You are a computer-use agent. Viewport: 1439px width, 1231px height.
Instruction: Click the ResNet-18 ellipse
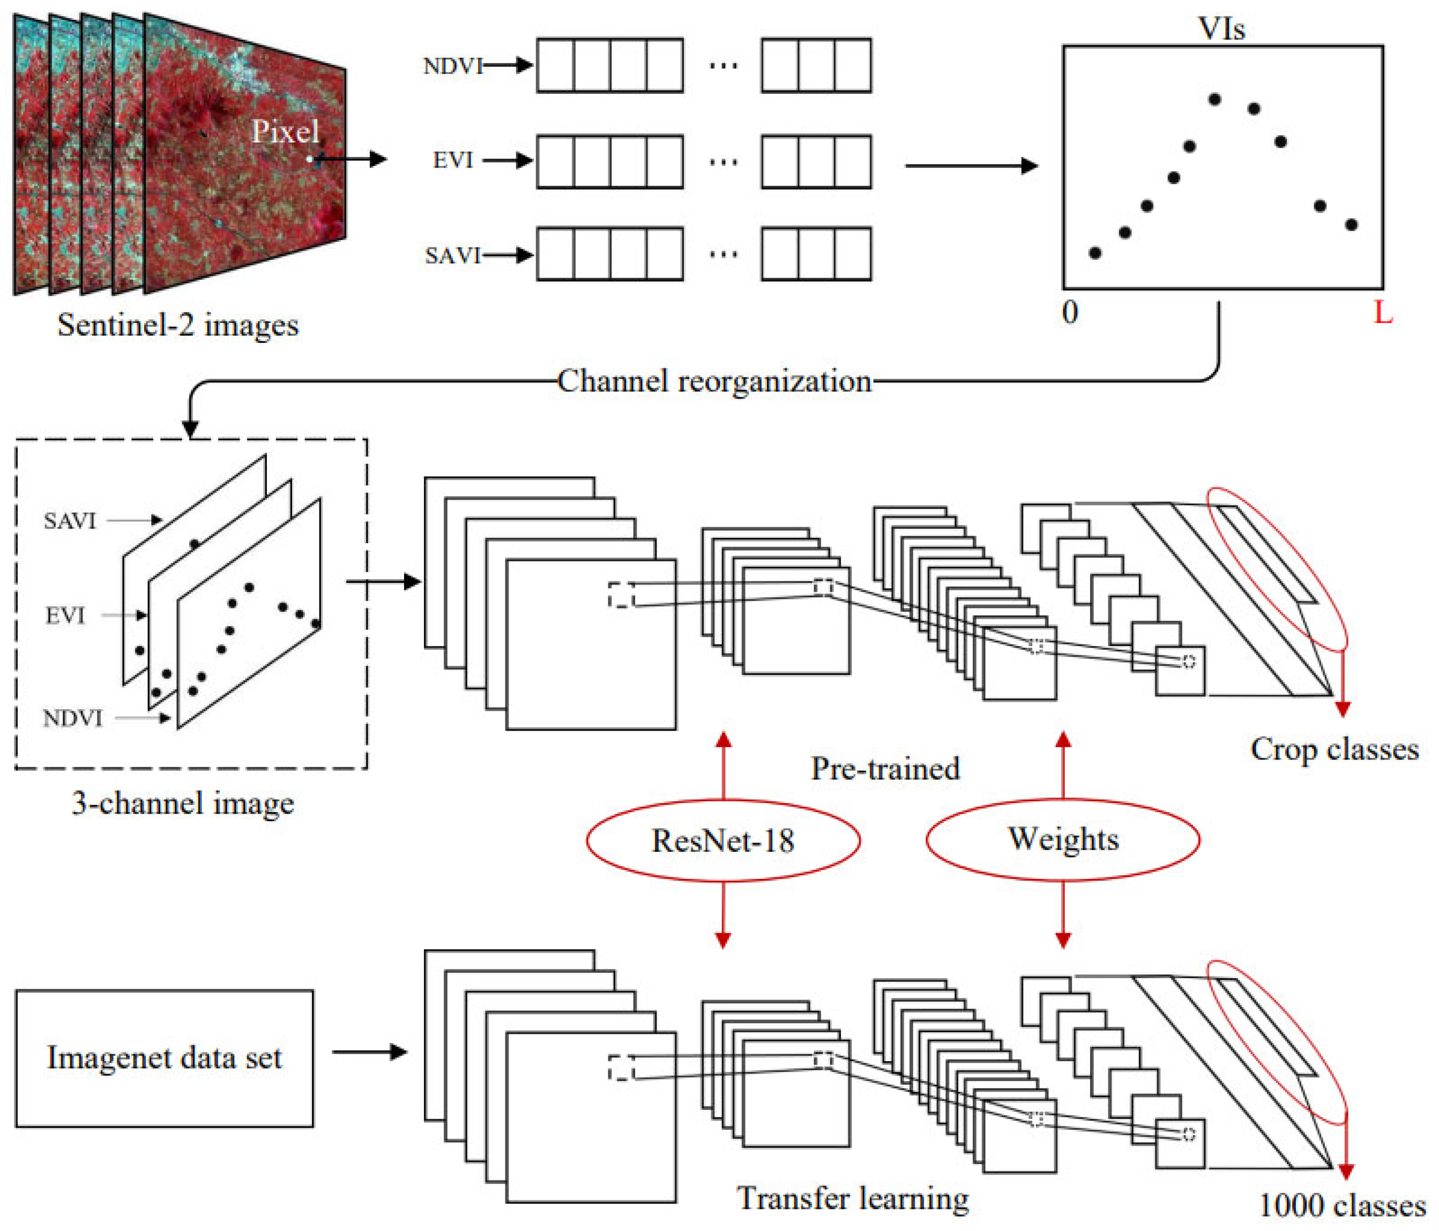coord(723,840)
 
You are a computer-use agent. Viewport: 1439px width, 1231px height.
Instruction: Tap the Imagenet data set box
coord(165,1058)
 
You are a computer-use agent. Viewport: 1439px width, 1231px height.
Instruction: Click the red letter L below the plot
coord(1383,313)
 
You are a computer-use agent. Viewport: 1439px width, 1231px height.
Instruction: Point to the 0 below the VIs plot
coord(1070,312)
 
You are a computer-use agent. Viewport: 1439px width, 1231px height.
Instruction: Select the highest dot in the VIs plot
coord(1214,99)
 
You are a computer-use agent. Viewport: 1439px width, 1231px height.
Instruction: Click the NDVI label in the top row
coord(453,66)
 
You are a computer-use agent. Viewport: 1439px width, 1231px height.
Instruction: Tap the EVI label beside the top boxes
coord(453,160)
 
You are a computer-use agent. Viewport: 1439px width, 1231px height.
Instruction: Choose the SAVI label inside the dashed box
coord(70,521)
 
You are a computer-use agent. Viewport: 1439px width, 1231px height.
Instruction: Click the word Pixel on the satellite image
coord(285,131)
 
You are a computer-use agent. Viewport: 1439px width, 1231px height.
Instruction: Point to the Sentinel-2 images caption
coord(178,324)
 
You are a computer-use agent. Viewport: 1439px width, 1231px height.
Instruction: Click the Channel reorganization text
coord(714,380)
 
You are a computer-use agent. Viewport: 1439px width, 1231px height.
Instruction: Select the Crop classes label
coord(1334,749)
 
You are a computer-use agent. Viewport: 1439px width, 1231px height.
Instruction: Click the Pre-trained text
coord(885,768)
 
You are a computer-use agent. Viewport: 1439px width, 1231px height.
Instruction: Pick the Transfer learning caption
coord(852,1198)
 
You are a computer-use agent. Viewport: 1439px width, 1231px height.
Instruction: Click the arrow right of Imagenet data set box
coord(369,1052)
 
